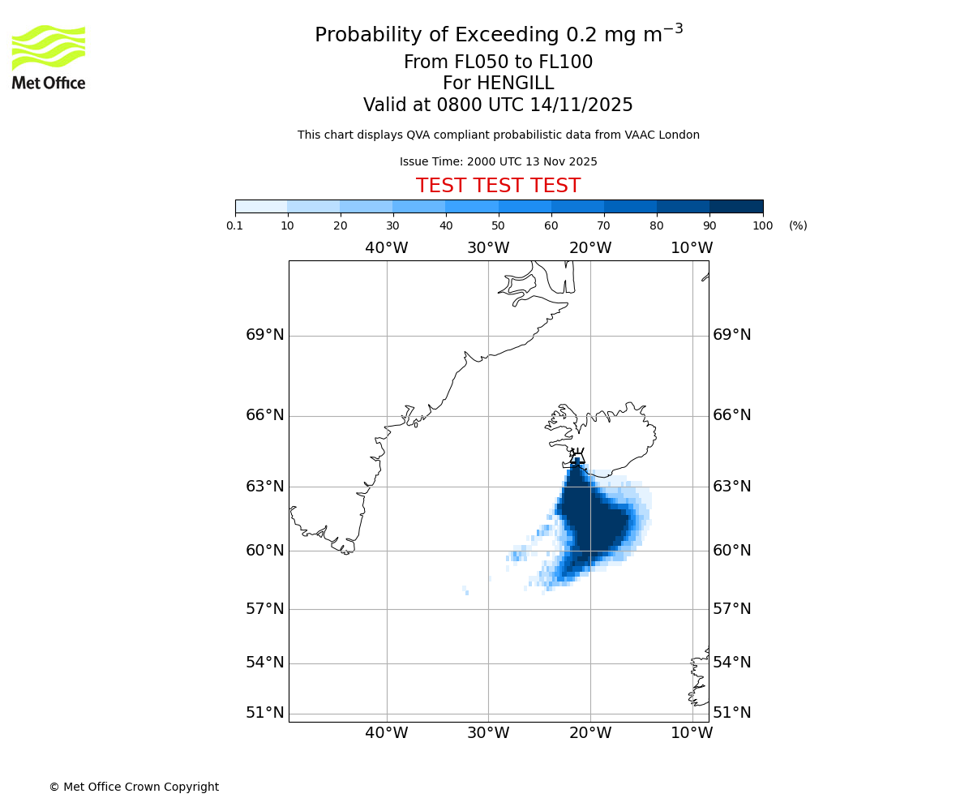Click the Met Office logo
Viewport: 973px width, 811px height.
49,57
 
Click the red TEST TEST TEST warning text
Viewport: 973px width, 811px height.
498,186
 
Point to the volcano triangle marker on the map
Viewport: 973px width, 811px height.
577,458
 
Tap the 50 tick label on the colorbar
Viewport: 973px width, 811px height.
498,225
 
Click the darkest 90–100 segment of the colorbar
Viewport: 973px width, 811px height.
736,206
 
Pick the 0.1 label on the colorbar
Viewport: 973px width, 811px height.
234,225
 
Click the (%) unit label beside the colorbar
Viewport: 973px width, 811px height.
798,225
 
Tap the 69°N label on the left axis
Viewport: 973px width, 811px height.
265,335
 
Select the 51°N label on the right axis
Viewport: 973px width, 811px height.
731,713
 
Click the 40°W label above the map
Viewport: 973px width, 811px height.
386,248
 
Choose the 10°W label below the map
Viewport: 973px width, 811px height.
692,733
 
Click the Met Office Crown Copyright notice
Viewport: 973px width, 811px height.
134,787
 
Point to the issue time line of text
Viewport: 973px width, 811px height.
498,161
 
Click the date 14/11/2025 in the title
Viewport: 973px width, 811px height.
581,105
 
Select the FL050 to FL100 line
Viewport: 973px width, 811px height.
498,62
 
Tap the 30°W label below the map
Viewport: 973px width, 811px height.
488,733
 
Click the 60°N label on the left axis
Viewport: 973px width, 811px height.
265,551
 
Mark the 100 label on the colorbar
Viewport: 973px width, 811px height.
762,225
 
